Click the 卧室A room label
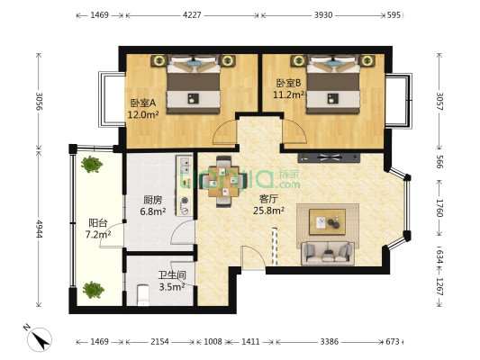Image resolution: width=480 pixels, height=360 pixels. pyautogui.click(x=143, y=103)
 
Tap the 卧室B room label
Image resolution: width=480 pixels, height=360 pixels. pyautogui.click(x=288, y=83)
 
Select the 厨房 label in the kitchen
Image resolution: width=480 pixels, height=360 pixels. pyautogui.click(x=152, y=200)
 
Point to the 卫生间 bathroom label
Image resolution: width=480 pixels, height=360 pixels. pyautogui.click(x=172, y=275)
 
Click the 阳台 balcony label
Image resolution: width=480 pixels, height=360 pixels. pyautogui.click(x=97, y=222)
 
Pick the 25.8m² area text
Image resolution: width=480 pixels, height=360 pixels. pyautogui.click(x=268, y=211)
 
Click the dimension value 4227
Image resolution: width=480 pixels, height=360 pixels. pyautogui.click(x=192, y=15)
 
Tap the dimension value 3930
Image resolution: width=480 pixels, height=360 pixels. pyautogui.click(x=323, y=15)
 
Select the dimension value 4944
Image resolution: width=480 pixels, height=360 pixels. pyautogui.click(x=39, y=229)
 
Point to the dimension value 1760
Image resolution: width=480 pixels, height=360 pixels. pyautogui.click(x=439, y=208)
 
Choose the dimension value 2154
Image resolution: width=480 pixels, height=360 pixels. pyautogui.click(x=159, y=341)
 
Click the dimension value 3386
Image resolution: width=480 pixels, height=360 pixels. pyautogui.click(x=330, y=341)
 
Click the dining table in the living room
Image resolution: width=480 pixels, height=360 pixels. pyautogui.click(x=223, y=182)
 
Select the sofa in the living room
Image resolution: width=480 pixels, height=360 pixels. pyautogui.click(x=328, y=253)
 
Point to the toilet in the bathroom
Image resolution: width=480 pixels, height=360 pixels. pyautogui.click(x=143, y=295)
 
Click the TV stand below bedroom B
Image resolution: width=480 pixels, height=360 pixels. pyautogui.click(x=329, y=157)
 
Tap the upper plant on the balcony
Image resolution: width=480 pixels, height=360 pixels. pyautogui.click(x=91, y=164)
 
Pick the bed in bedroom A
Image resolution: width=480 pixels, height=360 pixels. pyautogui.click(x=194, y=85)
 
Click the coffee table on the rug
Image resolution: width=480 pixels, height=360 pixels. pyautogui.click(x=327, y=222)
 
